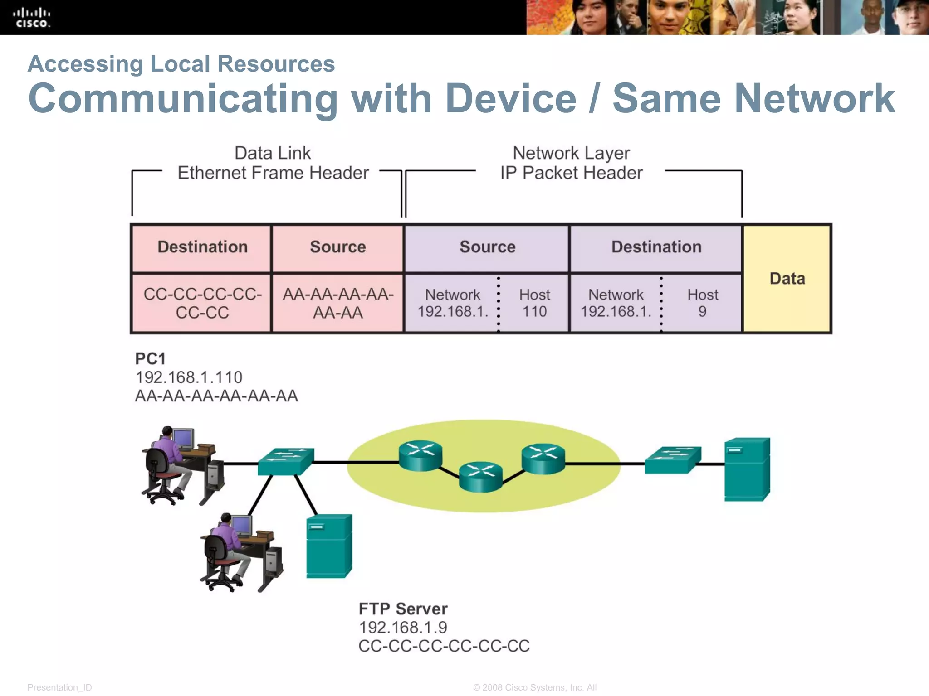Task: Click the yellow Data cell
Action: [787, 279]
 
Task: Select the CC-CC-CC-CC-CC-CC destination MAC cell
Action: [202, 303]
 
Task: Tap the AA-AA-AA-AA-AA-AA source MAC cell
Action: [338, 303]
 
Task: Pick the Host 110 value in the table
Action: [534, 303]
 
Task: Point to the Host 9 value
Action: [702, 303]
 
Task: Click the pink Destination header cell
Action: [202, 247]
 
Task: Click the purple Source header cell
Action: [487, 247]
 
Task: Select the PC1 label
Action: [151, 359]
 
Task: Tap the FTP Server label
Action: [403, 609]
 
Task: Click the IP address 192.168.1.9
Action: [403, 628]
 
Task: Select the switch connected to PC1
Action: [286, 461]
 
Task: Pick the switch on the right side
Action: [673, 460]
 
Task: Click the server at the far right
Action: [747, 469]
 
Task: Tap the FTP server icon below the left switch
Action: [329, 546]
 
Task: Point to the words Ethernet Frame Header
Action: [273, 173]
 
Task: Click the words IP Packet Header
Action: [571, 173]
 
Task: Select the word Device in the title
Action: [511, 98]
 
